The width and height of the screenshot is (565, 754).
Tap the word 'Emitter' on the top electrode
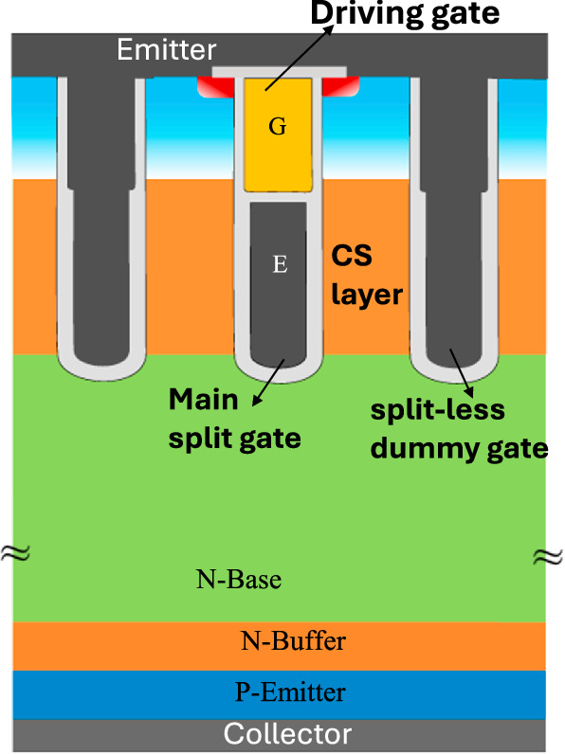pos(167,50)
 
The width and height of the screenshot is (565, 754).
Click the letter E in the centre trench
pos(279,265)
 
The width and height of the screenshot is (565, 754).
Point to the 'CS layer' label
pos(366,276)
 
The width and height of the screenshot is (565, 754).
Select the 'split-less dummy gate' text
pos(459,429)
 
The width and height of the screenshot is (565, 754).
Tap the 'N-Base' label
pos(239,579)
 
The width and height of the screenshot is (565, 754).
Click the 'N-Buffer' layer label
pos(292,641)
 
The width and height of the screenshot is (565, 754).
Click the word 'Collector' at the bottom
pos(287,734)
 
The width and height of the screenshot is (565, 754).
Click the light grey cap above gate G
pos(277,72)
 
